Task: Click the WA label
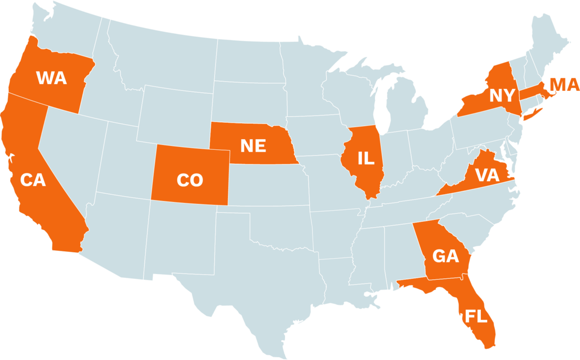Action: [x=51, y=78]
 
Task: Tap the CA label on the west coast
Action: [x=33, y=180]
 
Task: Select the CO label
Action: [x=189, y=180]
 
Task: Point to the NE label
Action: [x=253, y=145]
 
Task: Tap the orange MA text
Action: [x=565, y=86]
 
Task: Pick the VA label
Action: [x=486, y=175]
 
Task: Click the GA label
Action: [x=445, y=256]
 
